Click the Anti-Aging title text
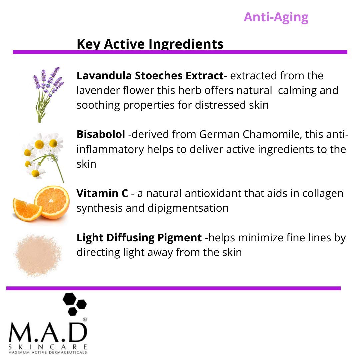(x=276, y=17)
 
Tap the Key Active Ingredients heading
(x=150, y=44)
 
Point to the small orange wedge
(x=27, y=208)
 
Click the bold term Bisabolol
(x=101, y=134)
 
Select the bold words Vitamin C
(x=102, y=193)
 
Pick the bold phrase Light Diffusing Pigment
(x=139, y=238)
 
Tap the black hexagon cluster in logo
(x=74, y=303)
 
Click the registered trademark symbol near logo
(x=85, y=320)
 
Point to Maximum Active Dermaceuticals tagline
(x=48, y=352)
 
